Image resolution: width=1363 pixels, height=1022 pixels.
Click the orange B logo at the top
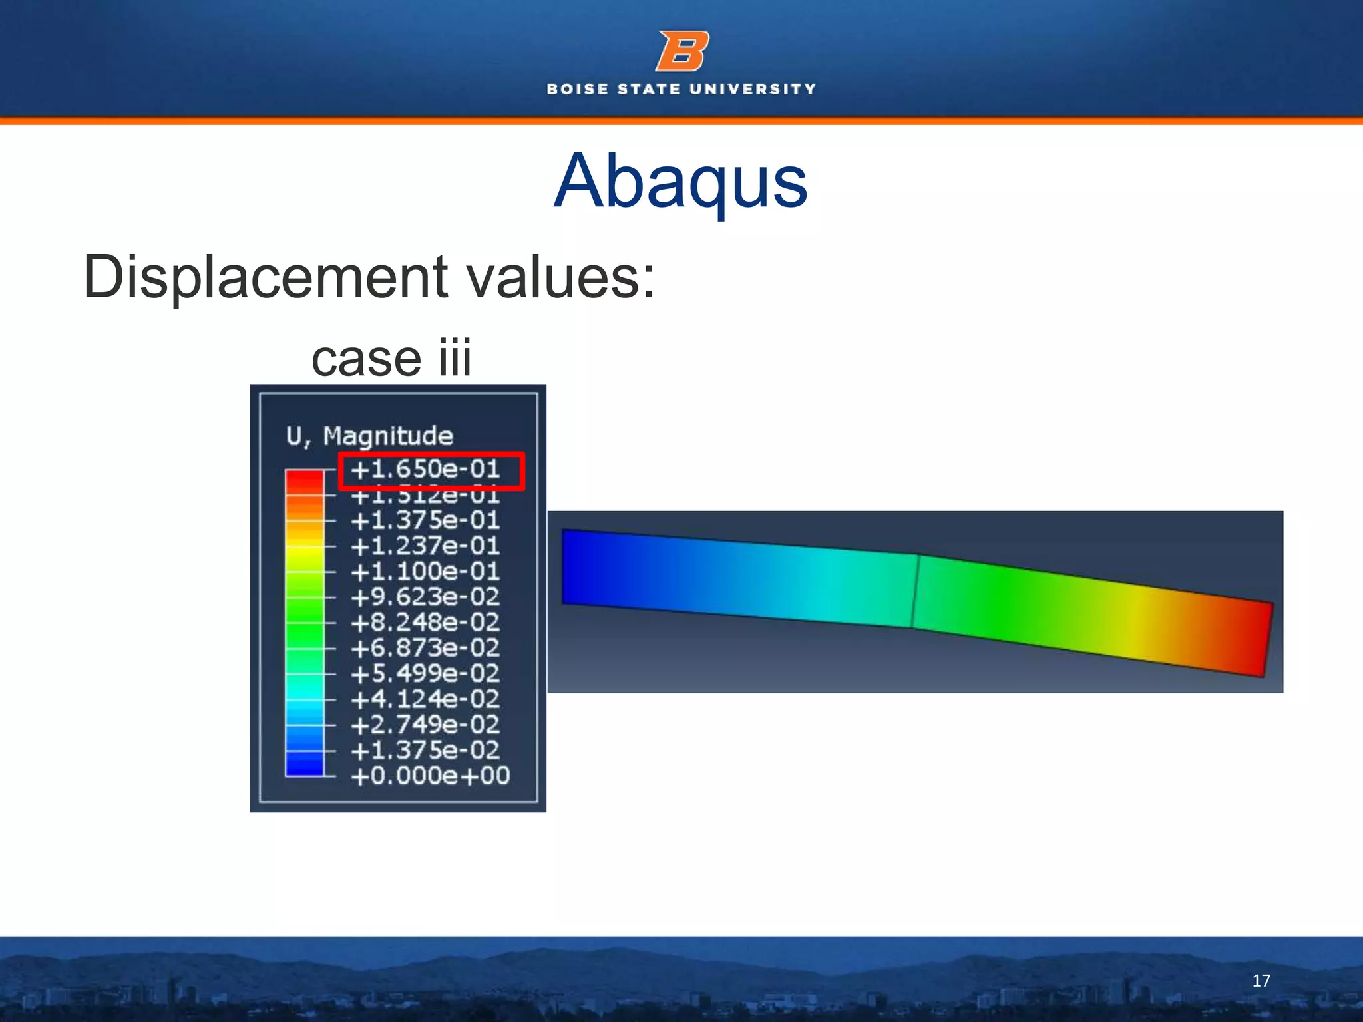[682, 51]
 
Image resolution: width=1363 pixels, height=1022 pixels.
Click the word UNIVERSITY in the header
[753, 89]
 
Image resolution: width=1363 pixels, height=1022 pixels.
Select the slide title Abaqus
[680, 181]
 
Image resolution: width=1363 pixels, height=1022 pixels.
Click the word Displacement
[266, 277]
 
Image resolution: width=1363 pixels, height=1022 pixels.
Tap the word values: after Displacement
[560, 277]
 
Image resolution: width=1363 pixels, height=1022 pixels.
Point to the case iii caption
[391, 358]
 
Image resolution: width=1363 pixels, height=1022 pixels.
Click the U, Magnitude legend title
[369, 436]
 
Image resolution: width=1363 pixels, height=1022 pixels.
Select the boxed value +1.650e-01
[426, 470]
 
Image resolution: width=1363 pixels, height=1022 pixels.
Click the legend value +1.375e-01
[426, 520]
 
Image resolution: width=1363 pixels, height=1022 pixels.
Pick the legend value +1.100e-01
[426, 572]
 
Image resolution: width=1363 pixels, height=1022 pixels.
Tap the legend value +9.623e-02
[426, 597]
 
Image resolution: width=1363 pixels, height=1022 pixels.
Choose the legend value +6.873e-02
[426, 648]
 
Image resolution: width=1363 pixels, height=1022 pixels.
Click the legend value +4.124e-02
[426, 699]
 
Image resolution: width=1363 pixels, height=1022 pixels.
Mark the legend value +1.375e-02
[426, 751]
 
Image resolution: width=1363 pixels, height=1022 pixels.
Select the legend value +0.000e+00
[431, 776]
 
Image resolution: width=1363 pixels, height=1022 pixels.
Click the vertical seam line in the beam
[915, 591]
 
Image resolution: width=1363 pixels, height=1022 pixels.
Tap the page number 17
[1261, 981]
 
